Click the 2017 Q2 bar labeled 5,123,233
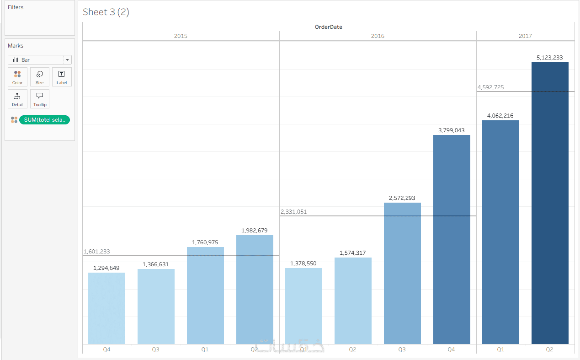pos(550,203)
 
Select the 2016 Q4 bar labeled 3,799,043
pos(452,240)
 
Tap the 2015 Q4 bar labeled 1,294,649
pos(106,308)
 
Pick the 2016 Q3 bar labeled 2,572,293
pos(402,274)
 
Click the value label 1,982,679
pos(254,231)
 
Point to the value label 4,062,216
pos(500,116)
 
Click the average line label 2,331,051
pos(293,212)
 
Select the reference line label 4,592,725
pos(491,87)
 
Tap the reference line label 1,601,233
pos(96,252)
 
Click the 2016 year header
pos(378,36)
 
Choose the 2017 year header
pos(525,36)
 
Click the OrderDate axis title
pos(328,27)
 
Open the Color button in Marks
pos(17,77)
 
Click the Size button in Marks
pos(40,77)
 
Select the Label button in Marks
pos(62,77)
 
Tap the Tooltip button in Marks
pos(40,99)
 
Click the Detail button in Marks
pos(17,99)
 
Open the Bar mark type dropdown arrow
pos(67,60)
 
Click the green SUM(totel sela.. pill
pos(44,120)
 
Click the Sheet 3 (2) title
pos(106,12)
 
